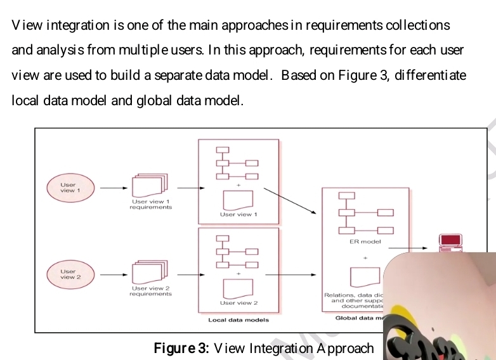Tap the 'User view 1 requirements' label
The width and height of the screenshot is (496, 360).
(x=150, y=204)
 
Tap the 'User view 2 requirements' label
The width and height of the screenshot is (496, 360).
(x=150, y=291)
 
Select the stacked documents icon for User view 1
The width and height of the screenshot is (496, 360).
(x=150, y=184)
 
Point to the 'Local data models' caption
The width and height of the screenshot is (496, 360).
(x=238, y=320)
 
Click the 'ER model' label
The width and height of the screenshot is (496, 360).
(x=365, y=241)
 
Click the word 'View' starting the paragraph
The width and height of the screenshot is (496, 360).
(x=26, y=25)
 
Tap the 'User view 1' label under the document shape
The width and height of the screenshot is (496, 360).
(x=238, y=214)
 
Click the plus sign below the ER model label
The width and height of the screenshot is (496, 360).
(x=365, y=258)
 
